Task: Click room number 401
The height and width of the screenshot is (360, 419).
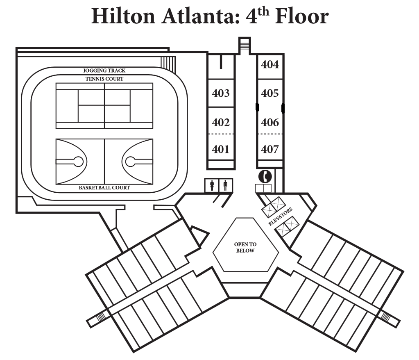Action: click(x=220, y=149)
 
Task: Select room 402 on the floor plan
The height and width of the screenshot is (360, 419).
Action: click(x=221, y=123)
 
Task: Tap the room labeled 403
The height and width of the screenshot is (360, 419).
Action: click(x=221, y=93)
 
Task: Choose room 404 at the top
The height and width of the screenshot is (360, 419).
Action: click(x=270, y=64)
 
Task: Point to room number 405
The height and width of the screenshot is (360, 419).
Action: click(x=270, y=93)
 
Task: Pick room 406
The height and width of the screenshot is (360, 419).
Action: click(x=270, y=123)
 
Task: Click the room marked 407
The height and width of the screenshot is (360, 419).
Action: click(x=270, y=149)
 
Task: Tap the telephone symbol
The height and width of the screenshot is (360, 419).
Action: click(x=265, y=176)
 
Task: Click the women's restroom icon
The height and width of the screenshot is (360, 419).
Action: click(x=212, y=185)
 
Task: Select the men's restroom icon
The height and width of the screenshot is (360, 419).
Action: click(x=225, y=185)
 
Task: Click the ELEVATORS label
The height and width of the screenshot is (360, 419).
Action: click(x=281, y=216)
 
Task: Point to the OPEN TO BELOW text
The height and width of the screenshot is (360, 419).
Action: click(x=245, y=247)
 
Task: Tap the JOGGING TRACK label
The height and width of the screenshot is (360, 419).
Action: click(x=104, y=71)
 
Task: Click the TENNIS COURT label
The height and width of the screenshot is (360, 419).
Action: click(x=104, y=79)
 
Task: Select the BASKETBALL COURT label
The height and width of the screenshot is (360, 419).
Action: click(x=104, y=188)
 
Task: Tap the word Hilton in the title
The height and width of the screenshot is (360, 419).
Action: click(x=123, y=16)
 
